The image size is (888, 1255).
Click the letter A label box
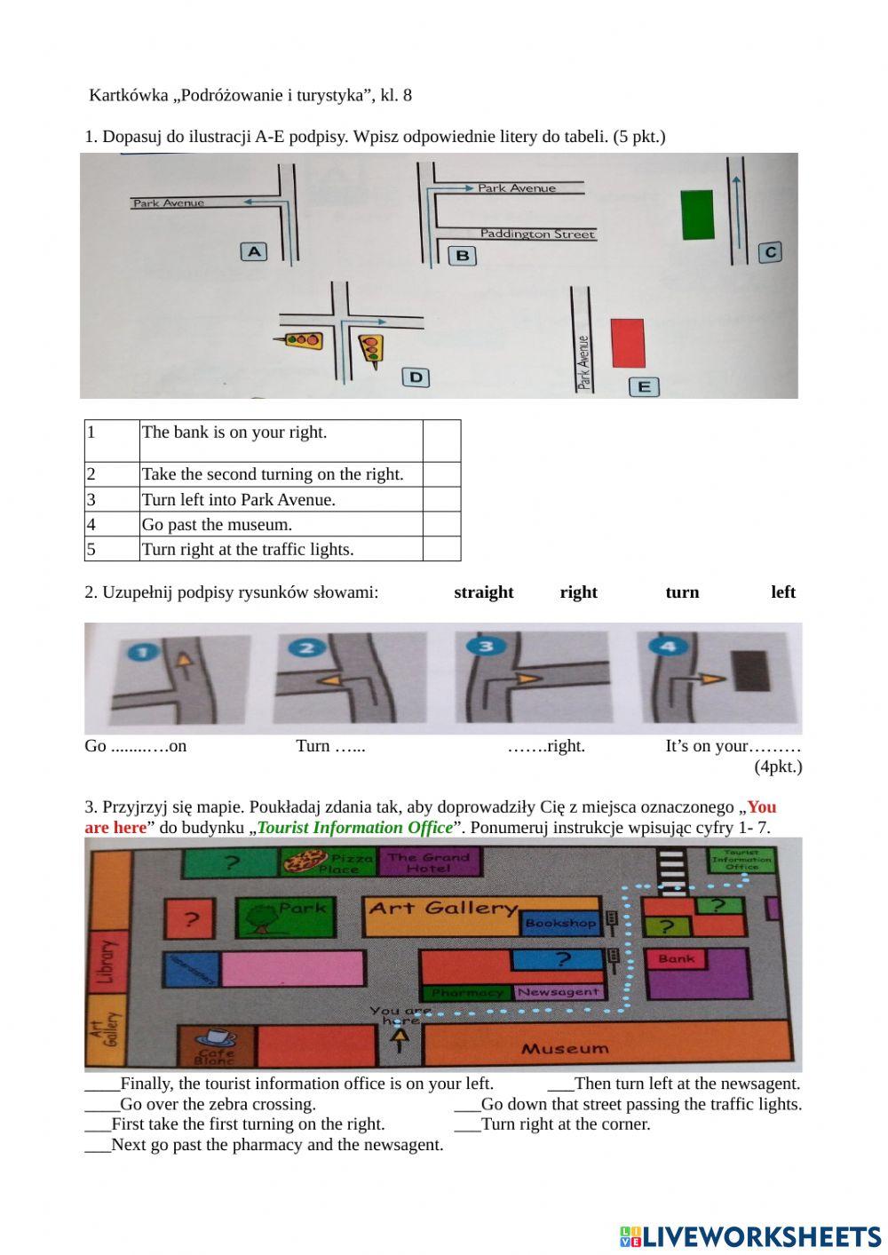pos(254,251)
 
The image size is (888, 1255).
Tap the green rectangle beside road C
pos(698,214)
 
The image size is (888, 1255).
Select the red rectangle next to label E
pos(628,343)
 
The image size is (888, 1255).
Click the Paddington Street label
pos(537,234)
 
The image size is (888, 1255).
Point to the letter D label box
pos(416,377)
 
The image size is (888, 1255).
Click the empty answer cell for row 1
pos(441,441)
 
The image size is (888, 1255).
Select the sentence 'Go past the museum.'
pos(218,525)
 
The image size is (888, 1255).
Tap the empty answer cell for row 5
pos(441,549)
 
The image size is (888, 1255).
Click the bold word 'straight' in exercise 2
pos(484,592)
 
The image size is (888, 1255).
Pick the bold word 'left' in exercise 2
pos(783,592)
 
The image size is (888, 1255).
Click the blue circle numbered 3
pos(486,646)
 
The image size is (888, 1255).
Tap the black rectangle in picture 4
pos(751,671)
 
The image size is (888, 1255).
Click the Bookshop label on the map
pos(559,923)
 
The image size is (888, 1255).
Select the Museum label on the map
pos(565,1049)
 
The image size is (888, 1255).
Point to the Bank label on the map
pos(677,958)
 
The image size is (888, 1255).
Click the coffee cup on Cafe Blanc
pos(216,1037)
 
